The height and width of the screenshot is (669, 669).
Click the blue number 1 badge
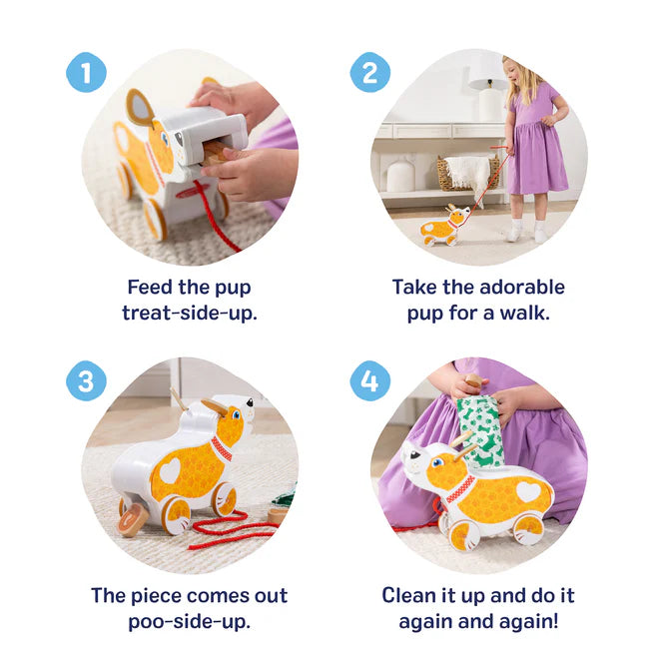86,72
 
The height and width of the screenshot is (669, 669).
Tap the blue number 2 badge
369,72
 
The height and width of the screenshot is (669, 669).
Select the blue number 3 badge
86,381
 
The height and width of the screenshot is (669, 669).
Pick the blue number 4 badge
369,381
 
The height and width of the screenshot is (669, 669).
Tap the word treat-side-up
190,313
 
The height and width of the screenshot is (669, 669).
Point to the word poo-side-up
190,620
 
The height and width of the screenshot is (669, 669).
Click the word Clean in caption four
412,595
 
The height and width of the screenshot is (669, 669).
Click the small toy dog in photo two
442,228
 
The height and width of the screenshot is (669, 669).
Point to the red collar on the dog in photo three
222,447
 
